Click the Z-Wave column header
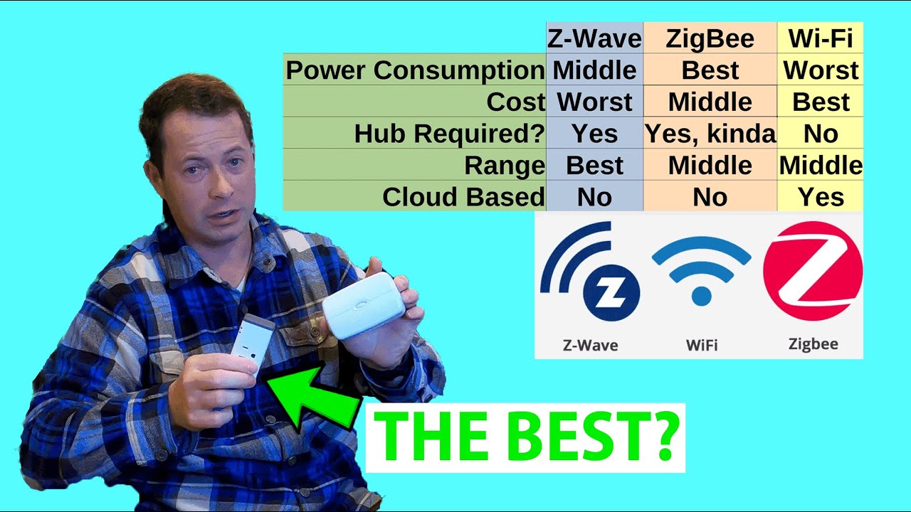coord(594,38)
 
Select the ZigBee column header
coord(710,38)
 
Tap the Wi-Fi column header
coord(821,38)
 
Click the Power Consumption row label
coord(415,70)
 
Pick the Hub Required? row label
coord(450,134)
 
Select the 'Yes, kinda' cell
coord(710,134)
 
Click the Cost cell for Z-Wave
coord(594,102)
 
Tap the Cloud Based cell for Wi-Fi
coord(821,197)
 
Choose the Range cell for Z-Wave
coord(594,165)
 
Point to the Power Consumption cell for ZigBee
coord(710,70)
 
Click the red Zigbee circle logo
coord(812,270)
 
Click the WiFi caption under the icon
coord(701,346)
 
